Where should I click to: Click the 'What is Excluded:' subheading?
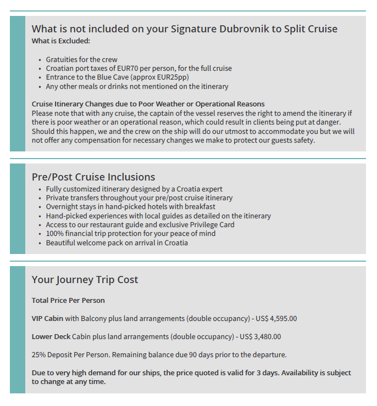click(61, 41)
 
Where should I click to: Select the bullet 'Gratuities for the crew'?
click(81, 59)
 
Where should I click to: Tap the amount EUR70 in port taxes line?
click(141, 68)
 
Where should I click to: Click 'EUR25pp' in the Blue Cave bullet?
click(170, 77)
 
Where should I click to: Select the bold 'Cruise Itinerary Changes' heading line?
click(148, 104)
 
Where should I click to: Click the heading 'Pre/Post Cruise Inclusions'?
click(93, 177)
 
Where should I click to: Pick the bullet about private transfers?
click(139, 198)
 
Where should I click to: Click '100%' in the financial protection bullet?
click(55, 233)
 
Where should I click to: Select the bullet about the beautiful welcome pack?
click(117, 243)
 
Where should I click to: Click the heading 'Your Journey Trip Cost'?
click(85, 279)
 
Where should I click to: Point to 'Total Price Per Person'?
click(68, 300)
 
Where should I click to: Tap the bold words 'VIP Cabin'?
click(47, 318)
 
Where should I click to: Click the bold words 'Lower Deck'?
click(51, 336)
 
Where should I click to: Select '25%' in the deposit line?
click(39, 354)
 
